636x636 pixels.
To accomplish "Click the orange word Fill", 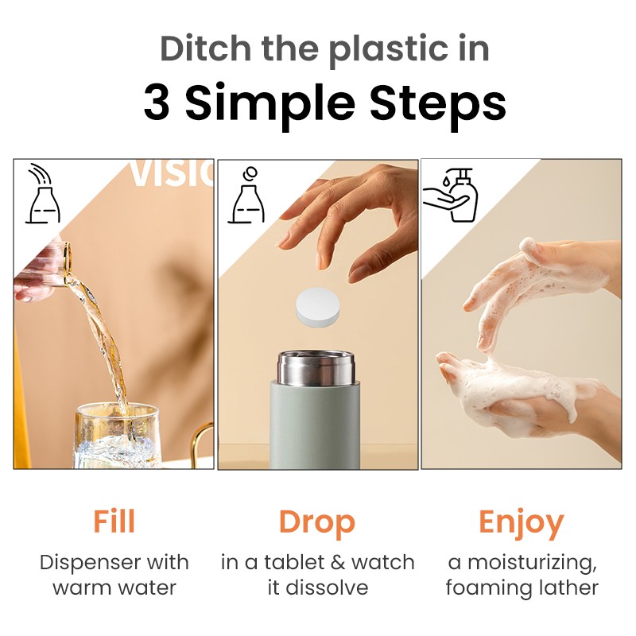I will click(x=114, y=522).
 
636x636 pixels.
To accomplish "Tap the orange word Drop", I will click(x=316, y=522).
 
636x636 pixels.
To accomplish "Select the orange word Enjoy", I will click(x=521, y=523).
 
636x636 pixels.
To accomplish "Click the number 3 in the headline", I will click(x=157, y=103).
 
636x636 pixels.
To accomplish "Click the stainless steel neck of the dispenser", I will click(x=316, y=367).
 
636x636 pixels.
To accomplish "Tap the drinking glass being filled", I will click(x=117, y=436).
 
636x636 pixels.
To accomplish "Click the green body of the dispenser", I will click(x=316, y=429).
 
